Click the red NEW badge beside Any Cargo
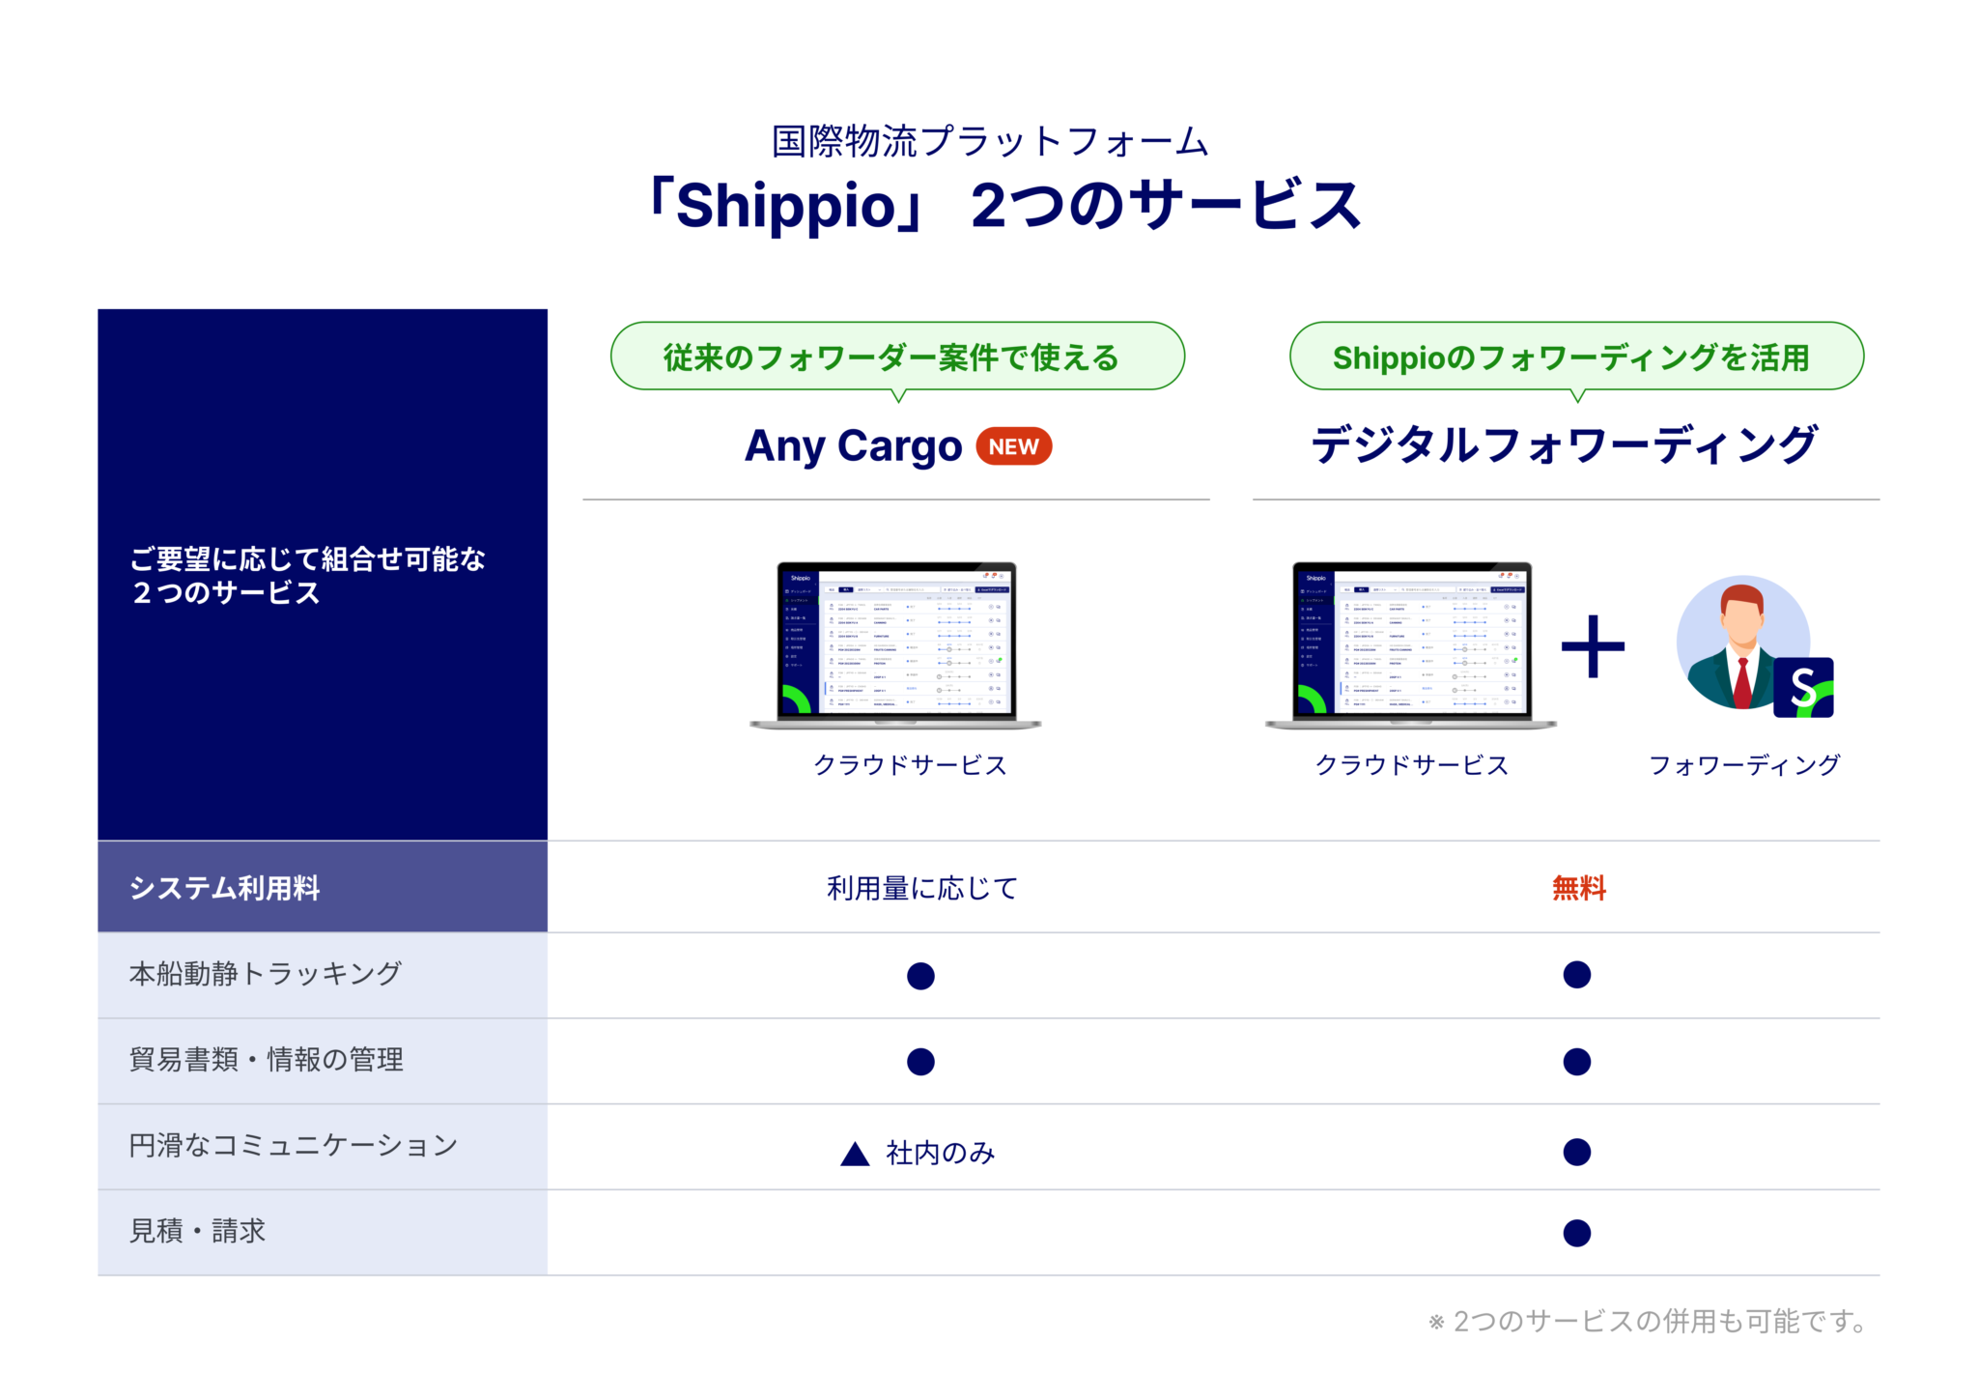click(1013, 446)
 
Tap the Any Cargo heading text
click(853, 446)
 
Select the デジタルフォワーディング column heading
click(1565, 445)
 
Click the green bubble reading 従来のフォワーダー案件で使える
click(896, 357)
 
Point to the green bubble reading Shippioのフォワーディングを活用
click(1575, 357)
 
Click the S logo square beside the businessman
click(1803, 688)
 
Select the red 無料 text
click(1578, 887)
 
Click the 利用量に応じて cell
click(921, 887)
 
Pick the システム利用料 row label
click(224, 887)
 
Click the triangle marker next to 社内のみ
click(855, 1154)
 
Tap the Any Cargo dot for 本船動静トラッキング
click(920, 976)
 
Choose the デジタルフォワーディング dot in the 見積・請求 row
click(1576, 1233)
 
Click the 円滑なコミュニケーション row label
click(293, 1146)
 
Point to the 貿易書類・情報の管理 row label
click(267, 1060)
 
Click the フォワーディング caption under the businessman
click(1744, 765)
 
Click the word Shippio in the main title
click(785, 206)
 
